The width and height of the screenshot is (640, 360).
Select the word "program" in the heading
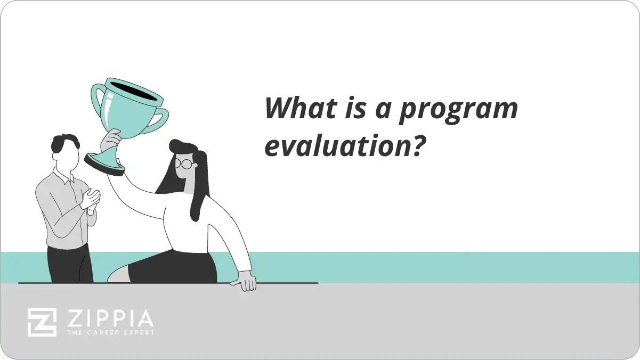(458, 111)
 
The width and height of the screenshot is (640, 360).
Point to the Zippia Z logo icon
(42, 322)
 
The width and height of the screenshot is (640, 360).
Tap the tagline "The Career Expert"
(110, 332)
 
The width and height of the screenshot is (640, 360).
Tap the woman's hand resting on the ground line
(246, 281)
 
